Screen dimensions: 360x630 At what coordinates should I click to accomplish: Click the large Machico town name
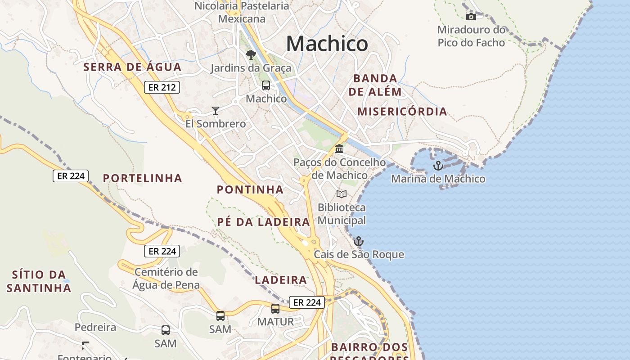pyautogui.click(x=327, y=44)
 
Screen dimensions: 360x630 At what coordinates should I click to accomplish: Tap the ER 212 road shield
pyautogui.click(x=162, y=87)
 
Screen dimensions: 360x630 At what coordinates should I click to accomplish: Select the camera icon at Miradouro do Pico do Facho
pyautogui.click(x=471, y=17)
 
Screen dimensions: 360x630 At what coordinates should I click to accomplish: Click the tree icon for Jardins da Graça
pyautogui.click(x=251, y=55)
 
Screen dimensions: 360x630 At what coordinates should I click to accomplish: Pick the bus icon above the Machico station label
pyautogui.click(x=266, y=85)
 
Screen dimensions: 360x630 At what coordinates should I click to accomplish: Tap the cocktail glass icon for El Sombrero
pyautogui.click(x=216, y=110)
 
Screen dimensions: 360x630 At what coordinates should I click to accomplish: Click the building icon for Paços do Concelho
pyautogui.click(x=339, y=148)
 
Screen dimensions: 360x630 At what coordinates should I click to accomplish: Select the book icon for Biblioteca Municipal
pyautogui.click(x=342, y=194)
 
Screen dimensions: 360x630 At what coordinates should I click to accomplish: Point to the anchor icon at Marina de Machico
pyautogui.click(x=438, y=166)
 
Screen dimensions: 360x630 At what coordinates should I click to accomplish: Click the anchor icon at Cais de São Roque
pyautogui.click(x=358, y=241)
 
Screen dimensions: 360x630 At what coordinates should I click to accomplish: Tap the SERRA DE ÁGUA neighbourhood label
pyautogui.click(x=132, y=67)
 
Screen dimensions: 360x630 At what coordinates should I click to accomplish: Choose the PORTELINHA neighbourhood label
pyautogui.click(x=142, y=179)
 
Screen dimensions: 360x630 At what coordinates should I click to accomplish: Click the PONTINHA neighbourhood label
pyautogui.click(x=250, y=190)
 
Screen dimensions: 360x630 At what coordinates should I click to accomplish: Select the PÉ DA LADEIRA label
pyautogui.click(x=263, y=222)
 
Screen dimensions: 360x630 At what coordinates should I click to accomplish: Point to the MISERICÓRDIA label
pyautogui.click(x=402, y=112)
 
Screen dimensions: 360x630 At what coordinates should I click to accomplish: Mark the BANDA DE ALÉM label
pyautogui.click(x=375, y=85)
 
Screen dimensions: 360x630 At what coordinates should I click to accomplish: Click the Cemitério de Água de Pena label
pyautogui.click(x=166, y=279)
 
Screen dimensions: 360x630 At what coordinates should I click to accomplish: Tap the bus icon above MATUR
pyautogui.click(x=275, y=309)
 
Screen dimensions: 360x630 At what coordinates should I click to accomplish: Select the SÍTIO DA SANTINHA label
pyautogui.click(x=39, y=281)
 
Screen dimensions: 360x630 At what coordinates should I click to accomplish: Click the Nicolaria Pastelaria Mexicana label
pyautogui.click(x=242, y=13)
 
